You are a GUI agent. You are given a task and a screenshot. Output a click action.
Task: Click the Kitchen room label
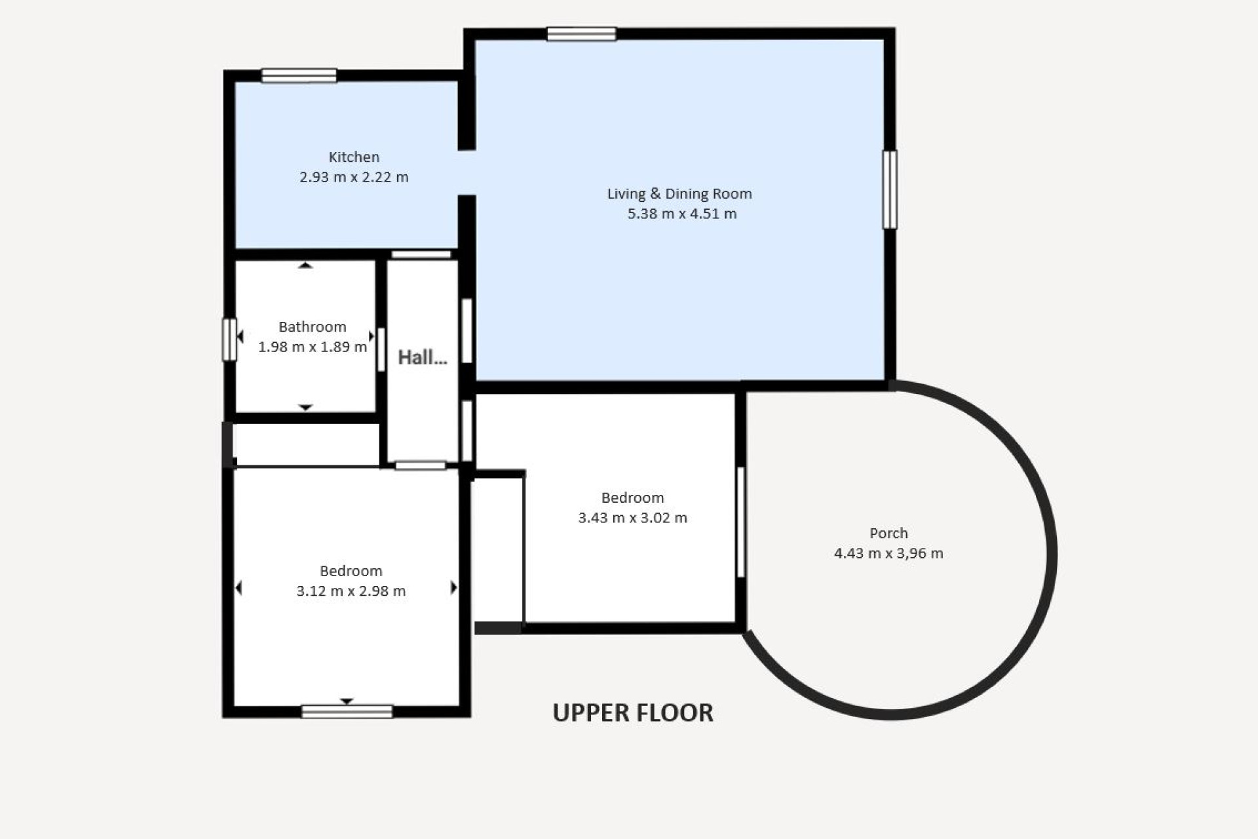click(354, 157)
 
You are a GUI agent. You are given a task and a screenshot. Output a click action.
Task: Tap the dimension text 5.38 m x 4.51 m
click(681, 214)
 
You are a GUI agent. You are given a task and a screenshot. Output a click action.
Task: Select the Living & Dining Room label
click(679, 194)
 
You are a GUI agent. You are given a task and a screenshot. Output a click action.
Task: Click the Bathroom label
click(312, 327)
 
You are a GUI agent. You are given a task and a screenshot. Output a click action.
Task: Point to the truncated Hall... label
click(423, 358)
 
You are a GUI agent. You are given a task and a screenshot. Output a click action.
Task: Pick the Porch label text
click(888, 534)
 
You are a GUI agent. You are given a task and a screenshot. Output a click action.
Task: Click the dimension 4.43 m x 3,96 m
click(888, 553)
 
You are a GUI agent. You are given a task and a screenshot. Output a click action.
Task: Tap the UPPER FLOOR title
click(632, 713)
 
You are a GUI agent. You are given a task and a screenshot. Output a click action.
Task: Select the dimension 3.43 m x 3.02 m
click(632, 518)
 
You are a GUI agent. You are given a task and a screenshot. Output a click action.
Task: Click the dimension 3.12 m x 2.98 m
click(351, 591)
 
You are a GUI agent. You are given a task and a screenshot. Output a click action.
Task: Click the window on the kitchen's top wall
click(299, 76)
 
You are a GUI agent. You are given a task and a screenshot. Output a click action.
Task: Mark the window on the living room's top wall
click(581, 34)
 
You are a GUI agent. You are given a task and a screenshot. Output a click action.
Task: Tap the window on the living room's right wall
click(889, 189)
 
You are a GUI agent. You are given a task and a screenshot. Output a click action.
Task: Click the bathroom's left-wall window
click(229, 340)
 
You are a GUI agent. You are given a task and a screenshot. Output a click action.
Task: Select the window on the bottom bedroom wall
click(347, 711)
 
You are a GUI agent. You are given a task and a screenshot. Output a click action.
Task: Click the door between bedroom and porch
click(740, 522)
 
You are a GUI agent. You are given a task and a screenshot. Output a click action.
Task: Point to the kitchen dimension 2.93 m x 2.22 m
click(354, 177)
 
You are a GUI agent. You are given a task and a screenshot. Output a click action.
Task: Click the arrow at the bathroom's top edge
click(305, 265)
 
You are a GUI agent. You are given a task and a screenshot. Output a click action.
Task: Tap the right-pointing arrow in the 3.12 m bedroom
click(453, 588)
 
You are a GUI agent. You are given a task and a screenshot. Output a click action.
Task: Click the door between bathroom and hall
click(381, 349)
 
